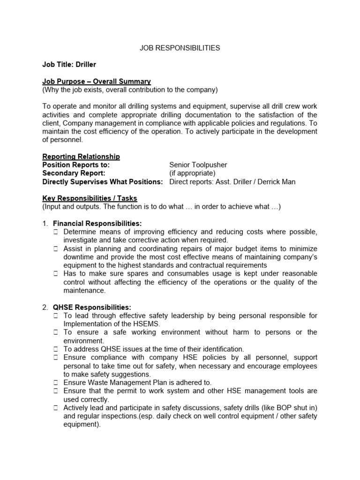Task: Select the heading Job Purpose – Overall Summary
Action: coord(97,81)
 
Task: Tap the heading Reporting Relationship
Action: coord(81,157)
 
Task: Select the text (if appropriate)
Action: coord(192,173)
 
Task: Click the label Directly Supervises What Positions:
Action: coord(103,182)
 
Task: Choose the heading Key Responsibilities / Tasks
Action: coord(90,198)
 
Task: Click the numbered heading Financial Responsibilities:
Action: coord(97,223)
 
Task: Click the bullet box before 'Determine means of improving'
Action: coord(55,232)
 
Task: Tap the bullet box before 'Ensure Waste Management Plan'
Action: coord(55,382)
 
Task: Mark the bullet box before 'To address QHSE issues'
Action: coord(55,349)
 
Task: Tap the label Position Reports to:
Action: coord(76,165)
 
